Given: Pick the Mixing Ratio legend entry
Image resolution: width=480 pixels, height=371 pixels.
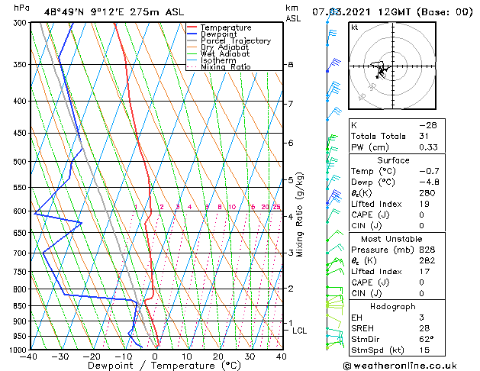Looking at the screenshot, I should coord(226,67).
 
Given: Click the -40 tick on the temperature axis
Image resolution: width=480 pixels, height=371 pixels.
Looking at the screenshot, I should coord(31,356).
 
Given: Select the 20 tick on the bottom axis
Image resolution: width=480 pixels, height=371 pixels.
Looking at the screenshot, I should coord(218,356).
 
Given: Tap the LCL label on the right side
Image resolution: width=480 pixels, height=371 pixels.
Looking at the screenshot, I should coord(299,331).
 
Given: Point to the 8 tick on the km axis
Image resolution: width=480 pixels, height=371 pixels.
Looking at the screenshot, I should coord(290,65).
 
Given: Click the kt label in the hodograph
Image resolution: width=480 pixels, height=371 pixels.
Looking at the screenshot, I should coord(354,27).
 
